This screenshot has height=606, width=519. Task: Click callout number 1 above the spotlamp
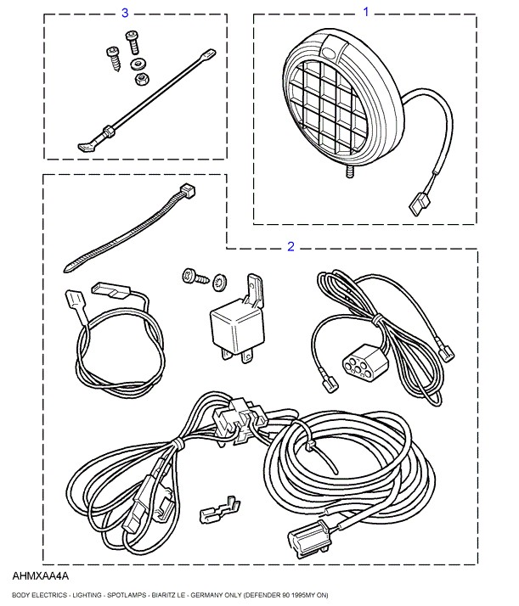click(367, 12)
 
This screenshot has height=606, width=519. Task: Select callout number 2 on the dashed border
click(291, 247)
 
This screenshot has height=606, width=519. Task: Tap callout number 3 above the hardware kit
click(126, 13)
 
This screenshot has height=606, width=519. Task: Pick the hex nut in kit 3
click(140, 79)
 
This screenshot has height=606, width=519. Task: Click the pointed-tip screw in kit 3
click(114, 56)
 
